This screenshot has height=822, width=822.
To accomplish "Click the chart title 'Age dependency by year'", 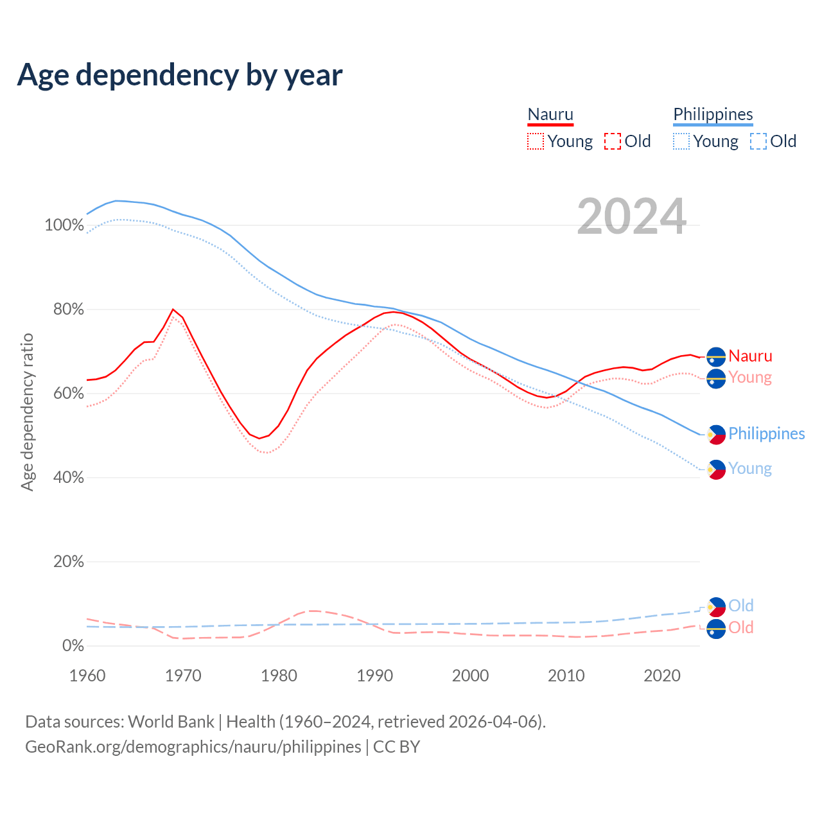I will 180,75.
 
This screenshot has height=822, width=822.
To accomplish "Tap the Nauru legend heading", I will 550,114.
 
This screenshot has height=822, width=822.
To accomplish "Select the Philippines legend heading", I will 713,114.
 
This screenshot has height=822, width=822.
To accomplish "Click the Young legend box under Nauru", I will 536,141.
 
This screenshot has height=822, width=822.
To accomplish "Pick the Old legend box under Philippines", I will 758,141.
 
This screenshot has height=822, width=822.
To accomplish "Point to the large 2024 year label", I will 632,216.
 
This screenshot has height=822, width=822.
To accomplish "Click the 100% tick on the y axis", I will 64,225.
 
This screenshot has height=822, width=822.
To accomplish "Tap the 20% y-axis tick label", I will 69,562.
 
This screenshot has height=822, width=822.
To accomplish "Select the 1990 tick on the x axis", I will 375,676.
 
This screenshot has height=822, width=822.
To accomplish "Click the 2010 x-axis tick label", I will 566,676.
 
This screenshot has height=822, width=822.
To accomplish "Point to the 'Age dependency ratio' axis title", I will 27,412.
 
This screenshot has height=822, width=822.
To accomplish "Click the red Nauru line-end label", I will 750,356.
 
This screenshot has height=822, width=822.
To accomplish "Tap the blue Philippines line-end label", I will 766,433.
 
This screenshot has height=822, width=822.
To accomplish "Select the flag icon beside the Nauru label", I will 716,356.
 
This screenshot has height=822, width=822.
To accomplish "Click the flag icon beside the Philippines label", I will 716,435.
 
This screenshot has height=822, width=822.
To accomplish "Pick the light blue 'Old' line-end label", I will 740,606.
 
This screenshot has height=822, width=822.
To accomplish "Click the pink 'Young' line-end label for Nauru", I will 750,377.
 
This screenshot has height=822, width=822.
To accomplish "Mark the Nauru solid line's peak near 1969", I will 173,310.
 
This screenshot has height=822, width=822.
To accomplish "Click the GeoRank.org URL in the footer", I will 193,747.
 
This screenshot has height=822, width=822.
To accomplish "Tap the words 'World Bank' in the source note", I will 171,722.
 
